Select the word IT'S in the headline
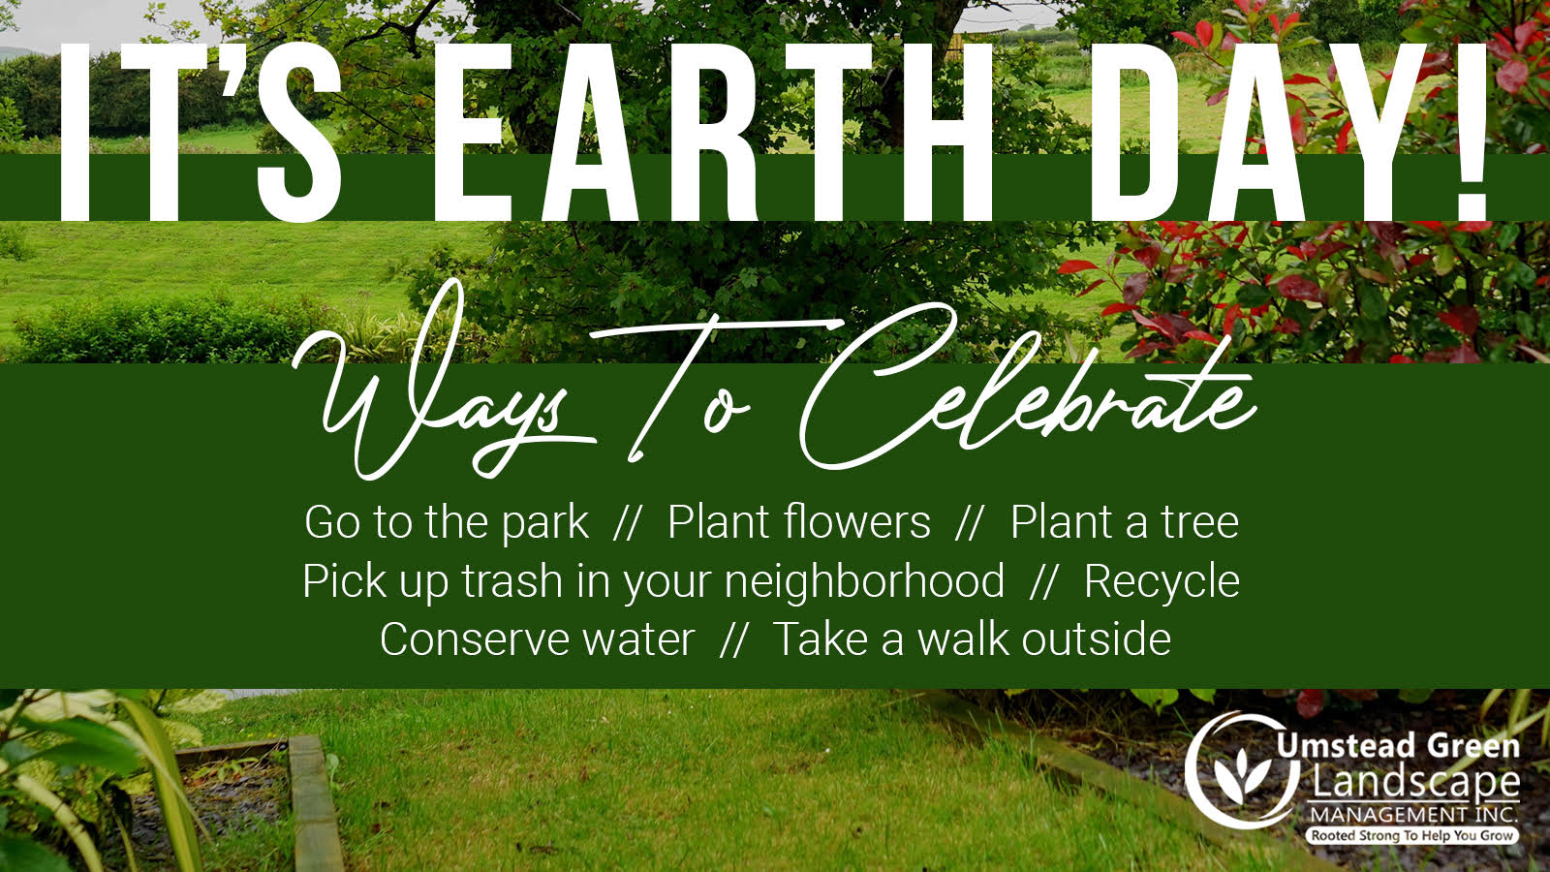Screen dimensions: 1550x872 pos(201,132)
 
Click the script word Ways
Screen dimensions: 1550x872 pos(443,388)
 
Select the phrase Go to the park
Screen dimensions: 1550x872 pos(447,522)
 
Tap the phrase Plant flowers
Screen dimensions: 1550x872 pos(799,521)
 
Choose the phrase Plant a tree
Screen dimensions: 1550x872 pos(1125,521)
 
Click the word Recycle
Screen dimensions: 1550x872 pos(1162,582)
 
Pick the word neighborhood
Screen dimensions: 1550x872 pos(864,581)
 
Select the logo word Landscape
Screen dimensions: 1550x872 pos(1415,782)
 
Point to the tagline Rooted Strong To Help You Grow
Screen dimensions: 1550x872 pos(1412,835)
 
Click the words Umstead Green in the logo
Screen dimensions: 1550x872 pos(1398,746)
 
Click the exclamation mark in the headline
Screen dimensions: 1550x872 pos(1472,132)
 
